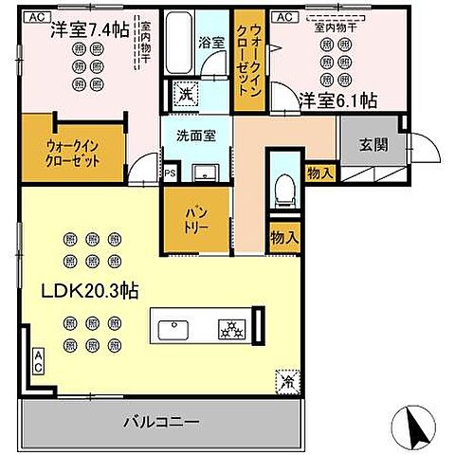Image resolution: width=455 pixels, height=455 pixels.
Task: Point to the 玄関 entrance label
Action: pos(373,144)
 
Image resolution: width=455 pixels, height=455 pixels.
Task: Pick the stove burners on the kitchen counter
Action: pos(231,330)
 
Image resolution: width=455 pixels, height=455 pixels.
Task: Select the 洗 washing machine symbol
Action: pos(186,94)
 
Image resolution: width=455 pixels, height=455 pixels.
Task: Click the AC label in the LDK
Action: pos(39,360)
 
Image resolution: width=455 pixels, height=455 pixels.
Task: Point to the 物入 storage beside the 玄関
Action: pos(319,172)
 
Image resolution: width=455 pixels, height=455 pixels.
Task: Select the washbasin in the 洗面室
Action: pos(205,172)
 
